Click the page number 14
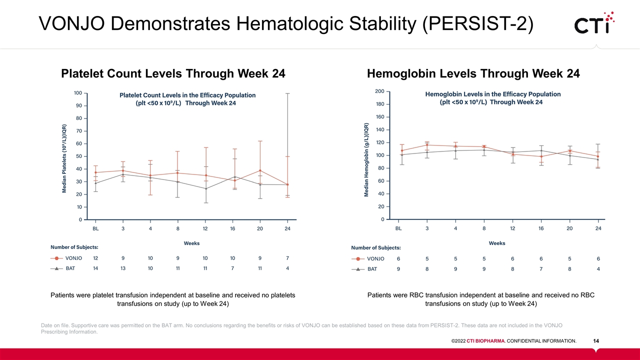pos(596,341)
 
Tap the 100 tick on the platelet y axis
pos(78,93)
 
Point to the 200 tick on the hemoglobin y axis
pos(379,91)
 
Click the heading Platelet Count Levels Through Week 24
pos(173,74)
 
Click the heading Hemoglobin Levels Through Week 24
pos(473,74)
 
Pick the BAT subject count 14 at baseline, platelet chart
pos(96,268)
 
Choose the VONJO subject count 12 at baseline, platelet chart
pos(96,258)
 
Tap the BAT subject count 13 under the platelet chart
pos(123,268)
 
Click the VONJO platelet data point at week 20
pos(260,170)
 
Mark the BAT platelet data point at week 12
pos(205,188)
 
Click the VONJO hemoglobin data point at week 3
pos(427,145)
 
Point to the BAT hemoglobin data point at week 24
pos(598,159)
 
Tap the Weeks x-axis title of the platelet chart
pos(191,243)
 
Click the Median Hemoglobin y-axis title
pos(366,160)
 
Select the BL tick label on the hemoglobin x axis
pos(398,228)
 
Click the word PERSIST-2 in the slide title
pos(477,23)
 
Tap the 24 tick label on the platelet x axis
pos(287,228)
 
